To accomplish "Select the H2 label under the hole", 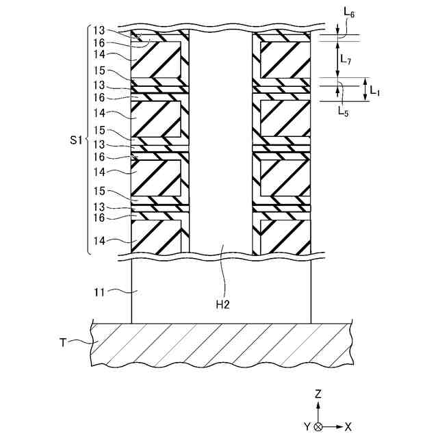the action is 222,304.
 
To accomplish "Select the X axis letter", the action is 348,426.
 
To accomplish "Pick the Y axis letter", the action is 307,426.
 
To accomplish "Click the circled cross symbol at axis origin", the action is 318,426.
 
